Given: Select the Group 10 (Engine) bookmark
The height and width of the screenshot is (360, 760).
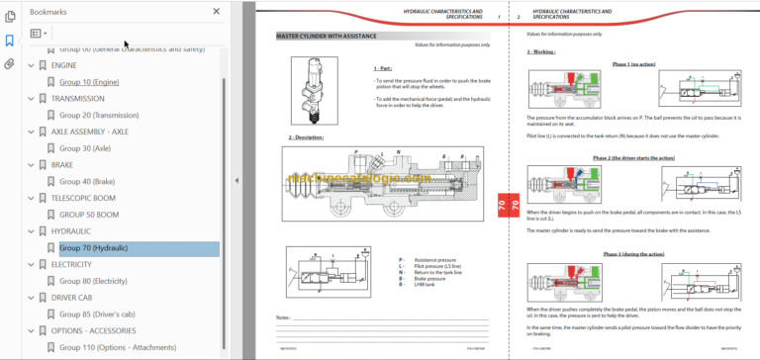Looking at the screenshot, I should (88, 82).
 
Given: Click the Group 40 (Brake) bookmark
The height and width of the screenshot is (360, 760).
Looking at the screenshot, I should (87, 181).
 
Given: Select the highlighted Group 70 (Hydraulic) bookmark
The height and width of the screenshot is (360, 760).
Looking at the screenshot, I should (93, 247).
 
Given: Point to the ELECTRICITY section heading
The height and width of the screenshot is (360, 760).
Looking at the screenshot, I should (71, 264).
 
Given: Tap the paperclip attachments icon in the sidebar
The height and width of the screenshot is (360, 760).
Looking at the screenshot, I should (10, 64).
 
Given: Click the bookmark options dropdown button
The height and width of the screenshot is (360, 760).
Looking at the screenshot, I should (40, 33).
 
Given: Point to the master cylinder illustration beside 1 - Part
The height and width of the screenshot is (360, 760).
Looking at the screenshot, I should (310, 87).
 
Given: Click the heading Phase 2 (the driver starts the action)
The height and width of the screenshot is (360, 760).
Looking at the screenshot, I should (633, 157).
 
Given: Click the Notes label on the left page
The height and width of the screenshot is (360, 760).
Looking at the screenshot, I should (284, 317).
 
